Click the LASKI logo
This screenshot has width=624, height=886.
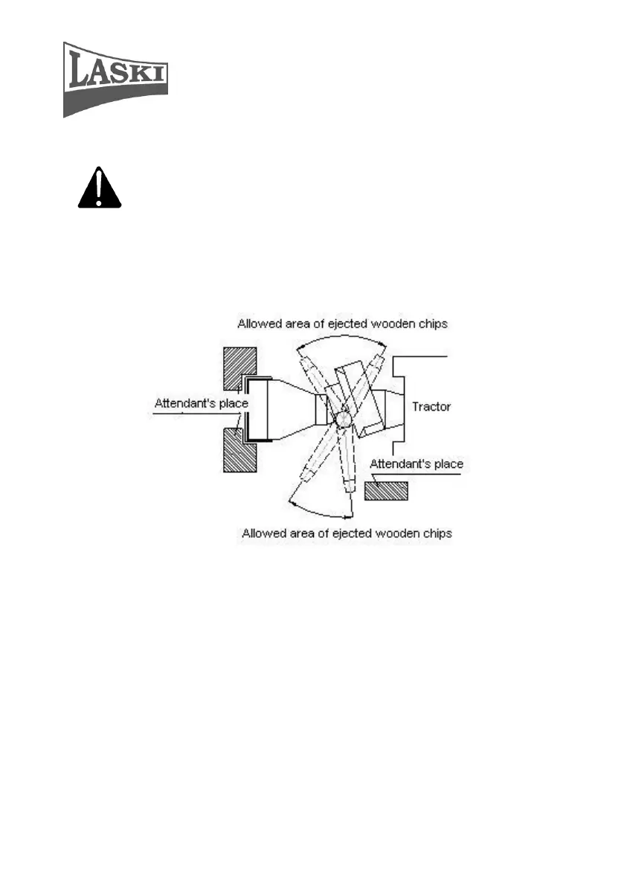point(115,79)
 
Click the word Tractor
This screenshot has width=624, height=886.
point(431,407)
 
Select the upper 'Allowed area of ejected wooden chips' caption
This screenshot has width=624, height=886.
point(342,324)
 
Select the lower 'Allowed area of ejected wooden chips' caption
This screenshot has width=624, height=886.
point(347,533)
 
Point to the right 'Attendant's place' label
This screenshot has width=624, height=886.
point(416,464)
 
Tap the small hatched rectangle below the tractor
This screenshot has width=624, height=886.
point(386,490)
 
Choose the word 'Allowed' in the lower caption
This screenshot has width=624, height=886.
point(262,533)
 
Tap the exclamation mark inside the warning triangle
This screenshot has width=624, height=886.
point(100,189)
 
